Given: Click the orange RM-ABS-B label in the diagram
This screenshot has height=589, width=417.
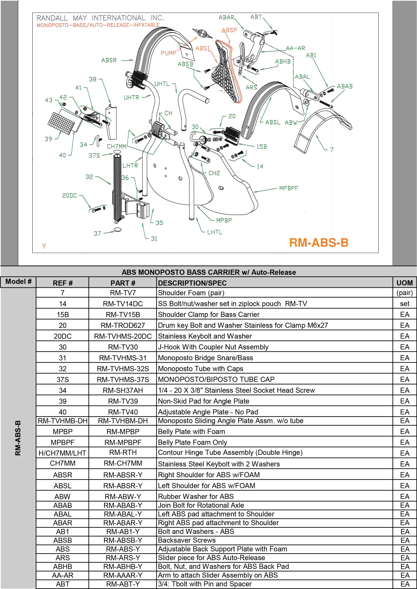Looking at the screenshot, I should [x=319, y=242].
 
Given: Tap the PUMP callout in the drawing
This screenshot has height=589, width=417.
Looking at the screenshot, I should [x=168, y=53].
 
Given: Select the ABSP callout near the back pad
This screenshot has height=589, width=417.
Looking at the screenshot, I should [x=229, y=30].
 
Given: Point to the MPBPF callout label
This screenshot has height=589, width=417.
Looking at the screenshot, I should [x=289, y=188].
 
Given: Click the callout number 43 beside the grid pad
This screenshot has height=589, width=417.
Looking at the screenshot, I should [x=49, y=100].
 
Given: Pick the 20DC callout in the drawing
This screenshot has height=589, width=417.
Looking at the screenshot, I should [x=69, y=195].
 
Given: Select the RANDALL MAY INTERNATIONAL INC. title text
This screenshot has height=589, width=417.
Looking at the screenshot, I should [x=100, y=18].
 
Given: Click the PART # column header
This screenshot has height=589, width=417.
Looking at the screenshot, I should [x=123, y=283].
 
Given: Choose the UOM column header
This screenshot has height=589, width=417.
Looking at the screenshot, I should [x=404, y=283].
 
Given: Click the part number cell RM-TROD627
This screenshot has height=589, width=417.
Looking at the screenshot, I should [x=123, y=325].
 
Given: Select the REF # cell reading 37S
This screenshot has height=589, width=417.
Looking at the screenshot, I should [x=63, y=379].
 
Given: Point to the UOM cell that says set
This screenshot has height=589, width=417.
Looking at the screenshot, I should [x=404, y=304].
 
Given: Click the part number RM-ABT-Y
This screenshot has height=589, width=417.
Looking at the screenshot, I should [x=123, y=584].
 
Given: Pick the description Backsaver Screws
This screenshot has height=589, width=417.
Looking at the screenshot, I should [x=187, y=540].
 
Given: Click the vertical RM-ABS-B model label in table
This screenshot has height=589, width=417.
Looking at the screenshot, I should [x=18, y=438].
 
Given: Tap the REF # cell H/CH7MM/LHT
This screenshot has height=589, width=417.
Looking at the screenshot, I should [x=63, y=453].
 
